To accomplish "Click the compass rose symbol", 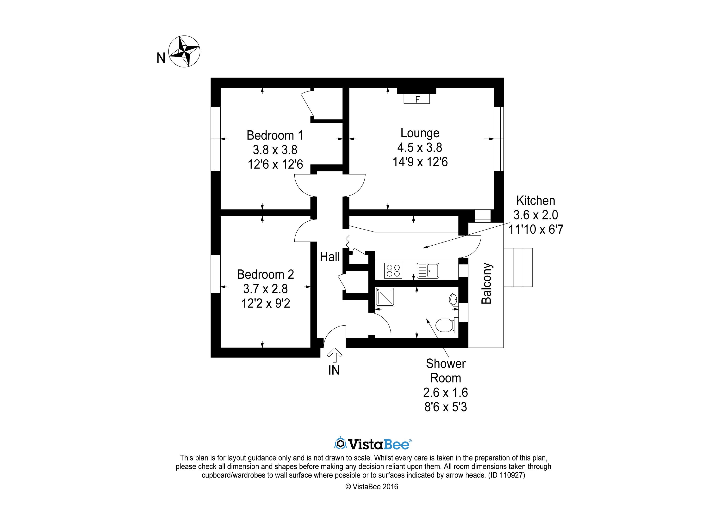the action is click(x=184, y=51).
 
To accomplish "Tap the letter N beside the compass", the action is click(x=161, y=58).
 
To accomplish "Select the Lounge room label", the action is click(x=420, y=133).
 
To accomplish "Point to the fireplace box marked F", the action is click(x=417, y=99).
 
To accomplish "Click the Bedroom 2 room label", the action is click(x=265, y=274).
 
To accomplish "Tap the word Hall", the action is click(x=330, y=257).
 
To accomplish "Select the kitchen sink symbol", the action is click(x=428, y=271).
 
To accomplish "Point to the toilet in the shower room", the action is click(x=447, y=326).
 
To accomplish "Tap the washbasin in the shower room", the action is click(x=454, y=299).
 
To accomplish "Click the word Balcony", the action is click(x=486, y=284).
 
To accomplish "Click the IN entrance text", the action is click(x=334, y=370).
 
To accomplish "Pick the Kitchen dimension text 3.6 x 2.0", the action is click(x=535, y=215).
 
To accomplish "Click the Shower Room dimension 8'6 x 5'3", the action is click(x=446, y=407).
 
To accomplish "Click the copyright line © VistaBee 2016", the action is click(x=372, y=486).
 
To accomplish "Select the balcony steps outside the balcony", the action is click(x=518, y=267).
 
